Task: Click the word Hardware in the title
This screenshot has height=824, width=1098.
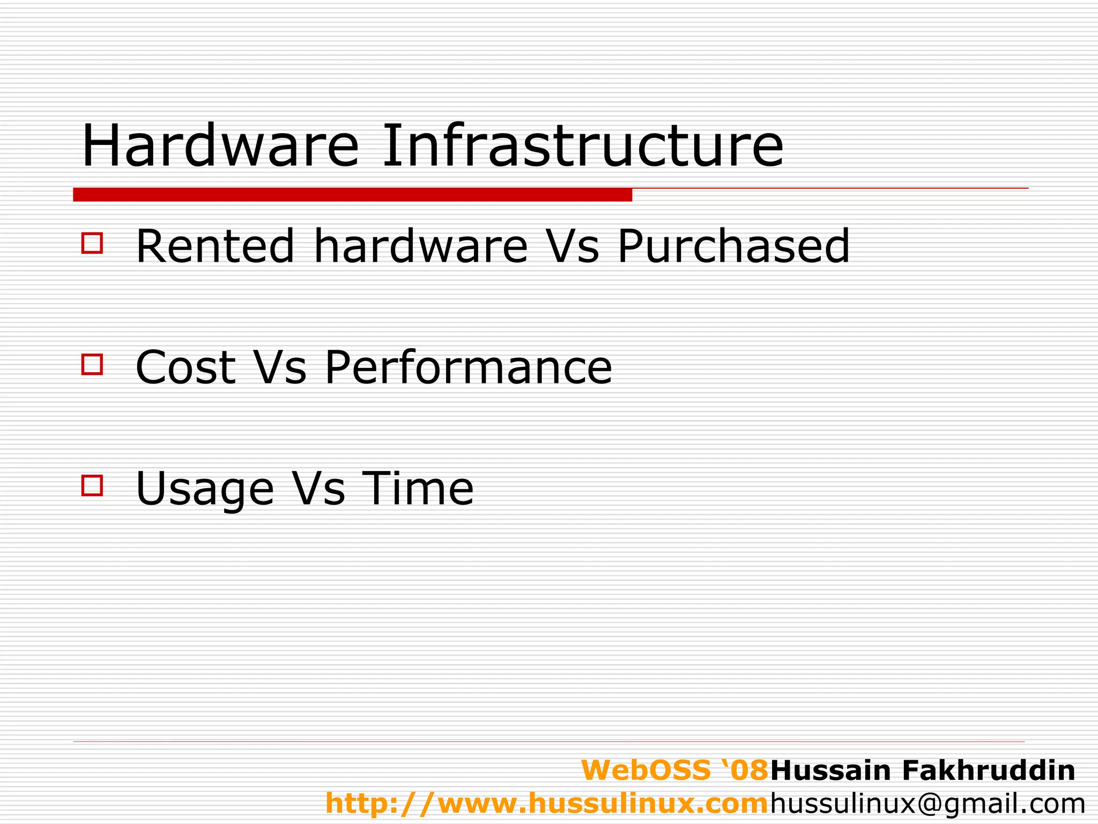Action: [220, 146]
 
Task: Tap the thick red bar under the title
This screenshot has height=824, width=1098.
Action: [352, 195]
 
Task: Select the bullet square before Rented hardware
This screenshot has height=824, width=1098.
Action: [92, 242]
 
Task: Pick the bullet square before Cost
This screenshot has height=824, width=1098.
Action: [92, 364]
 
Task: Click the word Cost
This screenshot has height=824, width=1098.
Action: [186, 367]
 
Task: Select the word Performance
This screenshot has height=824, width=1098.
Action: [468, 367]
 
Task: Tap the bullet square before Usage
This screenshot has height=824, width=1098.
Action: [92, 485]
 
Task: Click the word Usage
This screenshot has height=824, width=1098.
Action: [205, 489]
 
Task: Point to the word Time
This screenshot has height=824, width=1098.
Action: [418, 488]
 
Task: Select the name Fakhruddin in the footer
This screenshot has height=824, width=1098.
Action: [989, 770]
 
